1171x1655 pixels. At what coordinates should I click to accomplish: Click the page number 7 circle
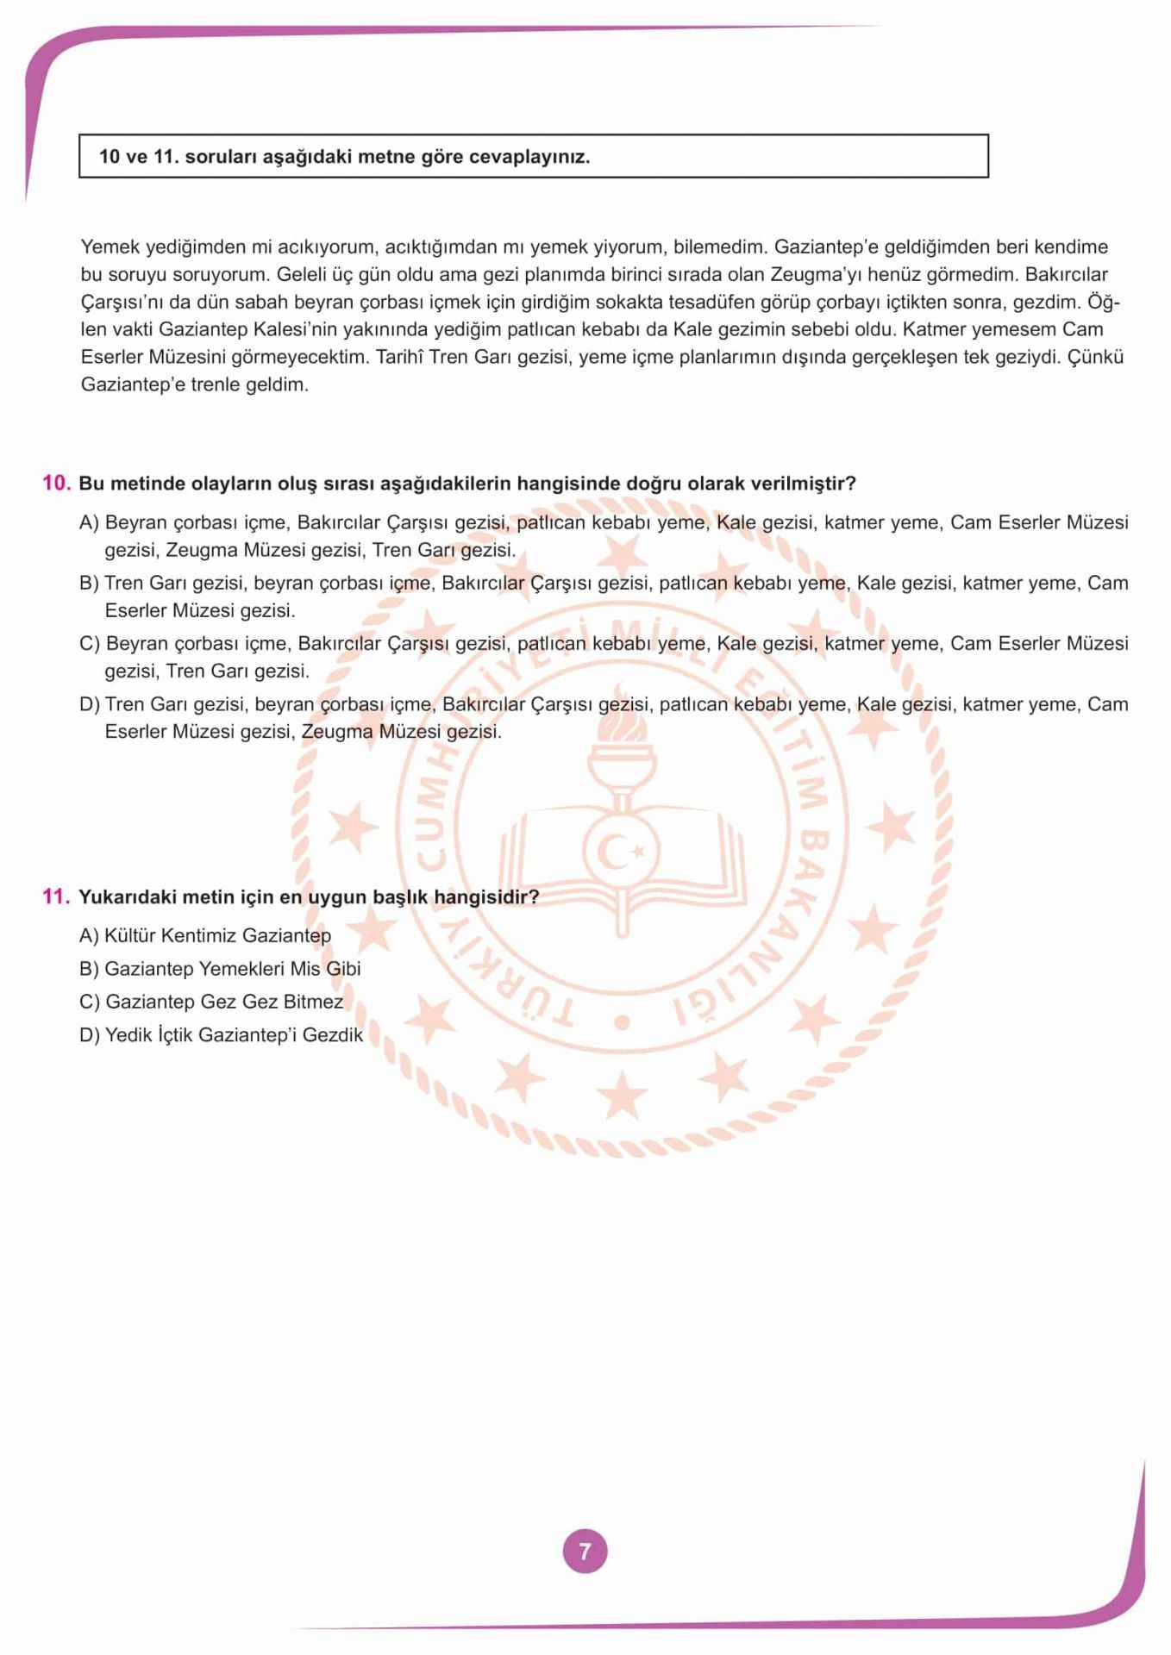coord(585,1552)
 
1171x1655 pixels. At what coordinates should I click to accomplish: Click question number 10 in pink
coord(56,483)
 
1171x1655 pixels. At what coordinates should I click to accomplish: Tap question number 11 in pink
coord(56,896)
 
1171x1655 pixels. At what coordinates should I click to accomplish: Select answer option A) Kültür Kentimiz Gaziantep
coord(205,935)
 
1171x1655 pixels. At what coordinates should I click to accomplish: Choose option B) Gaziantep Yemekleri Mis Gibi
coord(220,969)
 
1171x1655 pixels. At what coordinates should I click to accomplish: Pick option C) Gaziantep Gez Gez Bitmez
coord(211,1002)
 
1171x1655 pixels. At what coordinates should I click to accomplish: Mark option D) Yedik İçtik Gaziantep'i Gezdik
coord(222,1035)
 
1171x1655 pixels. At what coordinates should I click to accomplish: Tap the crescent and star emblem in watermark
coord(621,852)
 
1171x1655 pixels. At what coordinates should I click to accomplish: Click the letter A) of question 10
coord(90,522)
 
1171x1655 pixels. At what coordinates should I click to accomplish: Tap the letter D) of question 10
coord(90,704)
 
